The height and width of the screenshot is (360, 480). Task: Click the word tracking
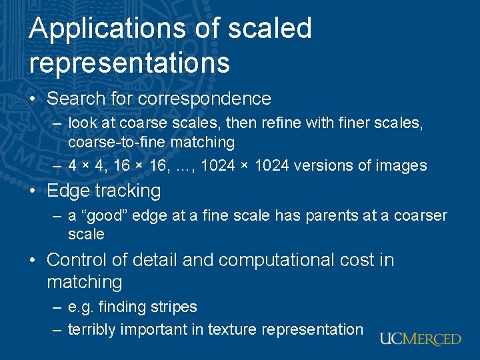[130, 191]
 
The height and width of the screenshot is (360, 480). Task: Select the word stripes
[175, 307]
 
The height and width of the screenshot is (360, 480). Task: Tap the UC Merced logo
[420, 339]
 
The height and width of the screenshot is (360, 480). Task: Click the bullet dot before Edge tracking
[34, 191]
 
